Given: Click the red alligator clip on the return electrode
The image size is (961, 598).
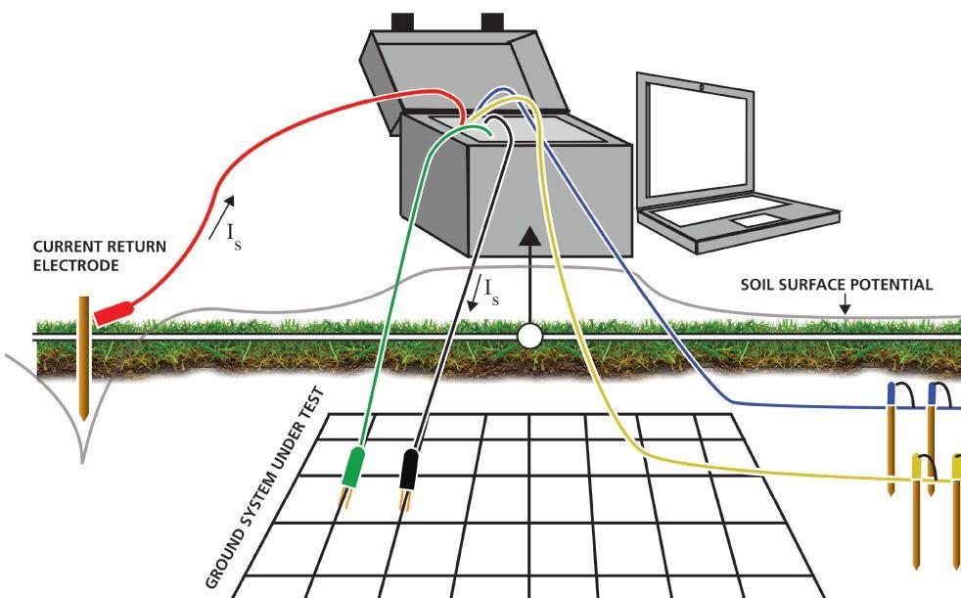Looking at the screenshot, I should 114,311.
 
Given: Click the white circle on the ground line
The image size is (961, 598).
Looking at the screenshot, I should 529,337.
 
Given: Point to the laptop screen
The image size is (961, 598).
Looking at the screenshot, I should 697,136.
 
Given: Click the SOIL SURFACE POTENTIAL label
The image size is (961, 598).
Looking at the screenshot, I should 836,286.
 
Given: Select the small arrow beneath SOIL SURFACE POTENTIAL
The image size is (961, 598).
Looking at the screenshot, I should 846,306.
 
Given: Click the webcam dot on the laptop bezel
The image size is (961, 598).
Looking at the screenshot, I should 701,87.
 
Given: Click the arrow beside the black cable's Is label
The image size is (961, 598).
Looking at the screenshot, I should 474,294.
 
